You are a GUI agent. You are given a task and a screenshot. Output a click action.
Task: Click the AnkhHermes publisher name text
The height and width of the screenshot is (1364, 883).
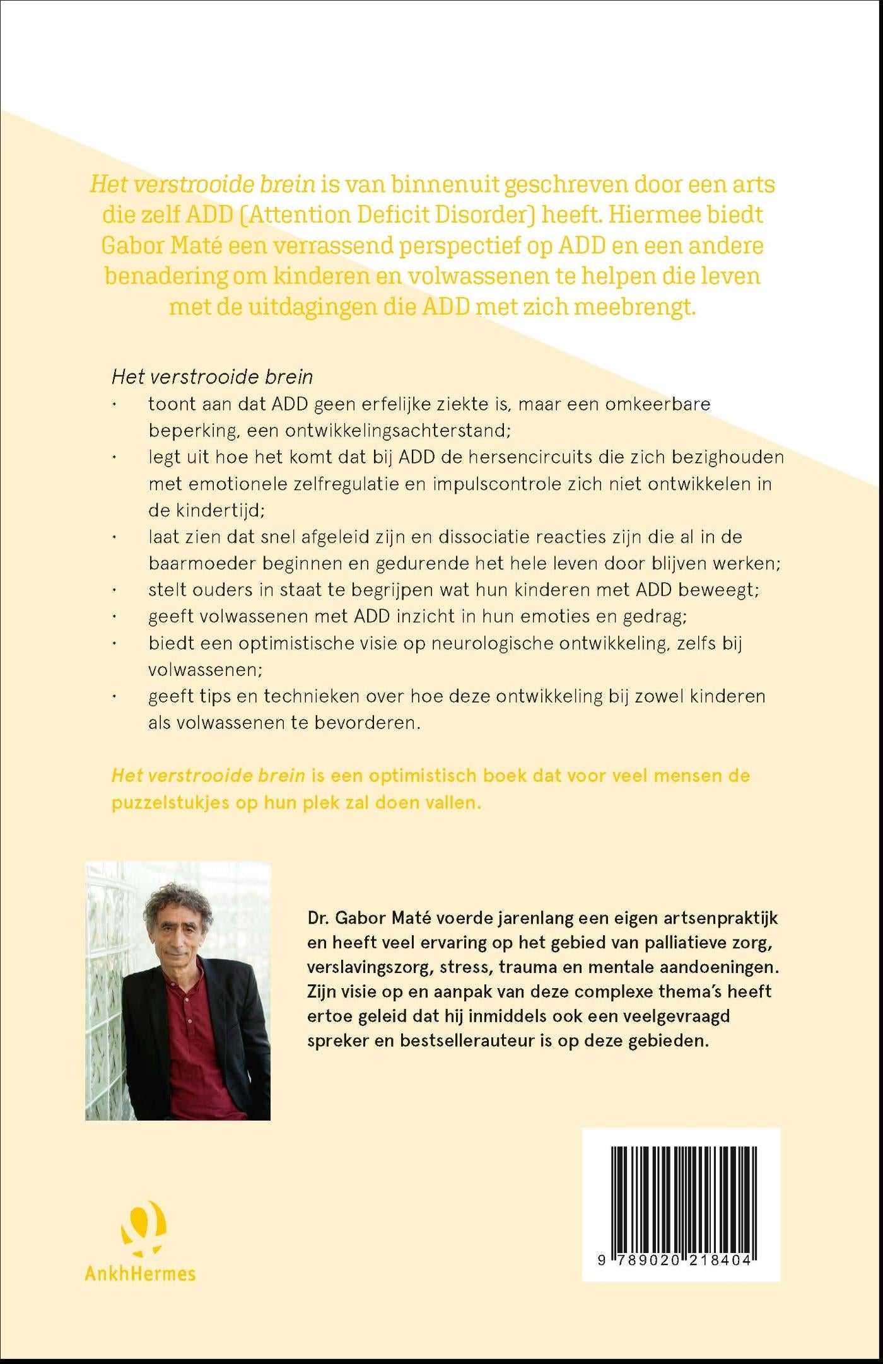[x=140, y=1273]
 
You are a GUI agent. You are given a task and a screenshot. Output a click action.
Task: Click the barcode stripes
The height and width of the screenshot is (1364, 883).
[x=681, y=1192]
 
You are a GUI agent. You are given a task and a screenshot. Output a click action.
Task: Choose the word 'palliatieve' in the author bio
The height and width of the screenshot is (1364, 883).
[x=686, y=942]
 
